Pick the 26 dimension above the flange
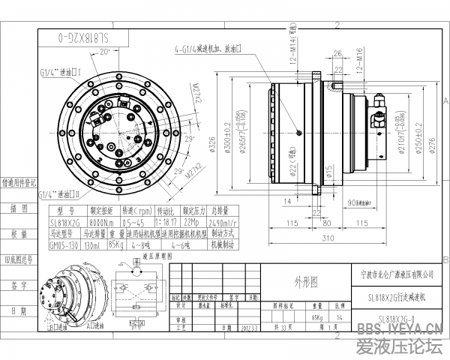337,54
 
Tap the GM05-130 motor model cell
65,244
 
